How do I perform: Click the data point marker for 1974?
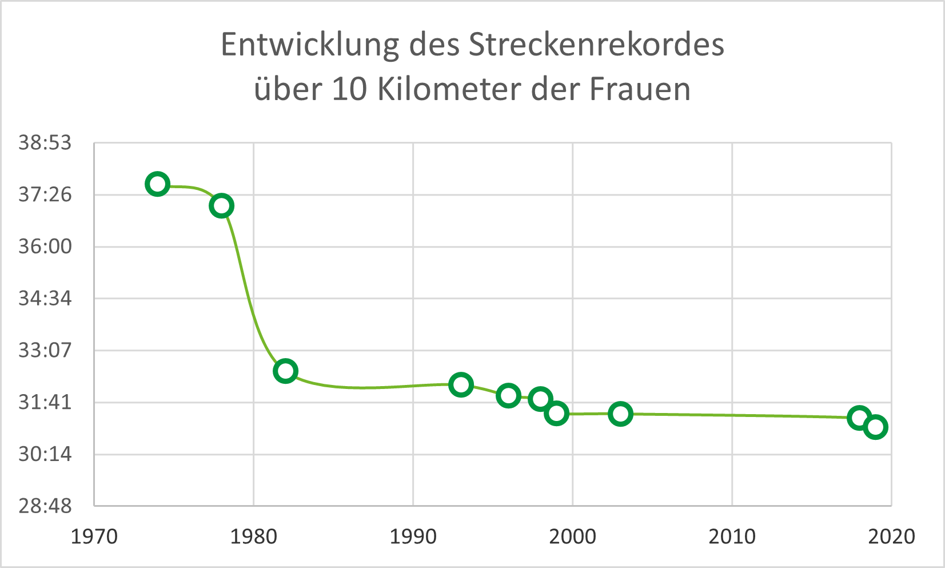point(157,184)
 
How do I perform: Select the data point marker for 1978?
point(221,205)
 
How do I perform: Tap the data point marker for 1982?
point(285,371)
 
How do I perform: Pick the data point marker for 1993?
point(461,384)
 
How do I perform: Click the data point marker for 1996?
point(508,395)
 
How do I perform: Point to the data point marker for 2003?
point(620,413)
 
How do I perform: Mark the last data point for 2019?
point(875,427)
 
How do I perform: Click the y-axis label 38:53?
point(45,142)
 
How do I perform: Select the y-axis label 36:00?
point(45,247)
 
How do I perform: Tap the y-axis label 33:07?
point(45,350)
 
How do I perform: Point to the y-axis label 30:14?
point(45,454)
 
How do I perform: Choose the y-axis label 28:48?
point(45,506)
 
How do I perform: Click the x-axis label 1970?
point(94,537)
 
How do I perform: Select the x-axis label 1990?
point(413,537)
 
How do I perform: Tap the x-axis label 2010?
point(732,537)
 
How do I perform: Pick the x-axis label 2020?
point(891,537)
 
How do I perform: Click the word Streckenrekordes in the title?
point(596,45)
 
